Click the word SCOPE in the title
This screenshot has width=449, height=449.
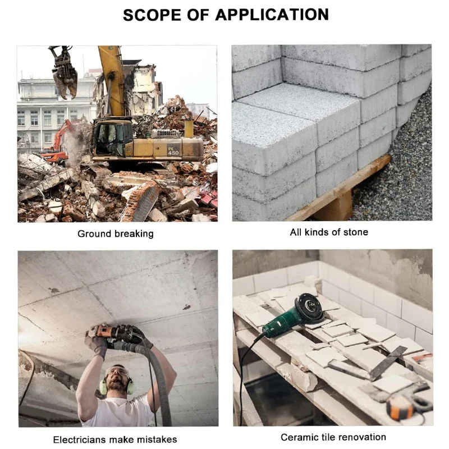tap(152, 15)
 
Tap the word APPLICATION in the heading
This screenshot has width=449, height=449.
tap(272, 15)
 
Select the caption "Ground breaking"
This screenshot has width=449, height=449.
tap(116, 233)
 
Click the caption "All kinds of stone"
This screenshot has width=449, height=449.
tap(329, 232)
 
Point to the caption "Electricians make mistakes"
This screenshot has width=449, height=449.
tap(115, 439)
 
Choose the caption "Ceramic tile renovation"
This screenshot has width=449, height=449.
tap(333, 437)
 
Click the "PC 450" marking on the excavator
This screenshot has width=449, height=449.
tap(173, 150)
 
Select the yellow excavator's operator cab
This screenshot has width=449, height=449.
tap(112, 139)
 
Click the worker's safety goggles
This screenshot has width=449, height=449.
tap(116, 372)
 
